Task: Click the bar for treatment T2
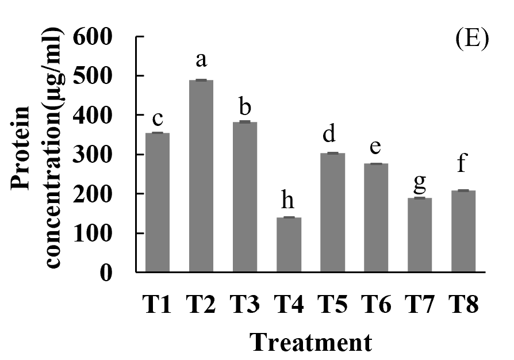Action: point(201,175)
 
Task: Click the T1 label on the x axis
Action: point(157,303)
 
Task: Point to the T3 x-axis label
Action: point(244,303)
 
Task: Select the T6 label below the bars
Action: point(377,303)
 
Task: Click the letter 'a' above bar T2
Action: point(202,60)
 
